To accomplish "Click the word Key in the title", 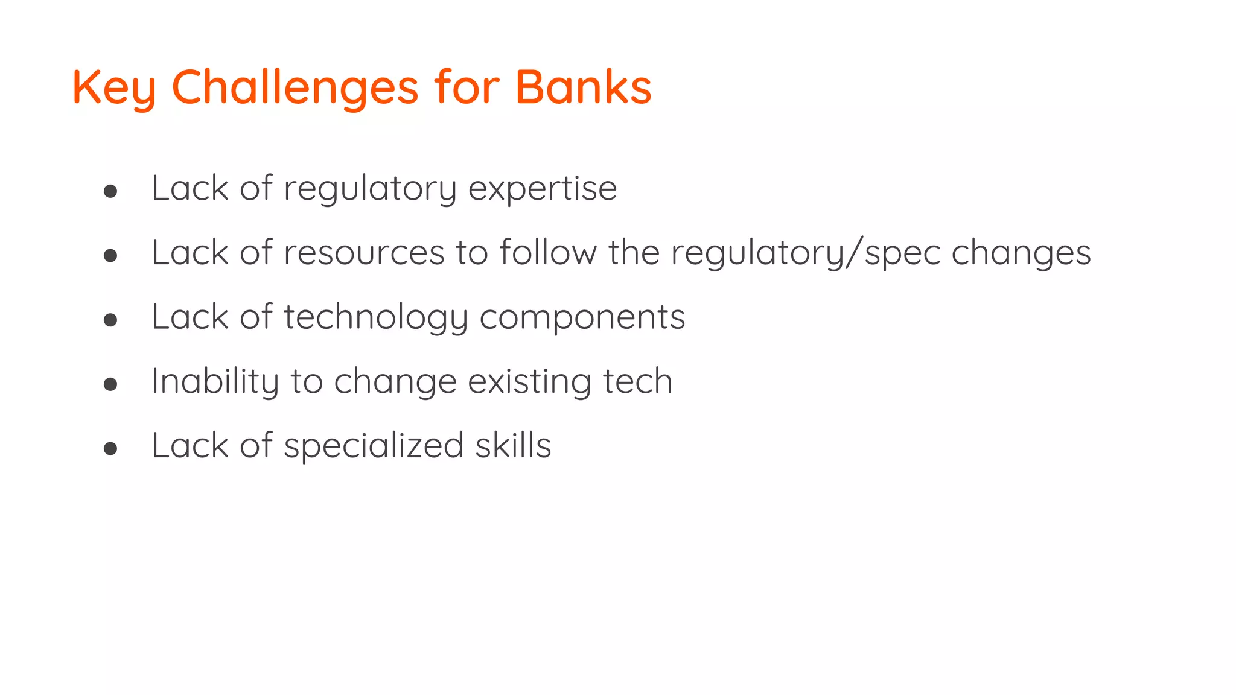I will [x=113, y=88].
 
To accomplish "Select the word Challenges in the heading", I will [x=295, y=87].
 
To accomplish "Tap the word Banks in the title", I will [x=583, y=87].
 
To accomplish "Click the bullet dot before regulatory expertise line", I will [x=110, y=192].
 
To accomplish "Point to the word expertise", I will [x=543, y=189].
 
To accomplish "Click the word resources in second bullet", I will [x=364, y=253].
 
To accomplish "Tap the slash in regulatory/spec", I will [x=854, y=253].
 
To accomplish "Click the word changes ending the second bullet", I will [x=1021, y=253].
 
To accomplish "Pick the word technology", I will [x=376, y=318].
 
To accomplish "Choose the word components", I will [x=582, y=317].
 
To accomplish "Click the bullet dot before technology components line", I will [x=110, y=320].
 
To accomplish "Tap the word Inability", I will [x=215, y=382].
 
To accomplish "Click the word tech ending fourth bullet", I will [x=637, y=381].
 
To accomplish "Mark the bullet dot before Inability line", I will [x=110, y=384].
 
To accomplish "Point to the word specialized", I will [x=374, y=446].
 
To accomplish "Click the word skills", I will [x=513, y=445].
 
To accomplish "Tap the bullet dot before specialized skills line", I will [x=110, y=448].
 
